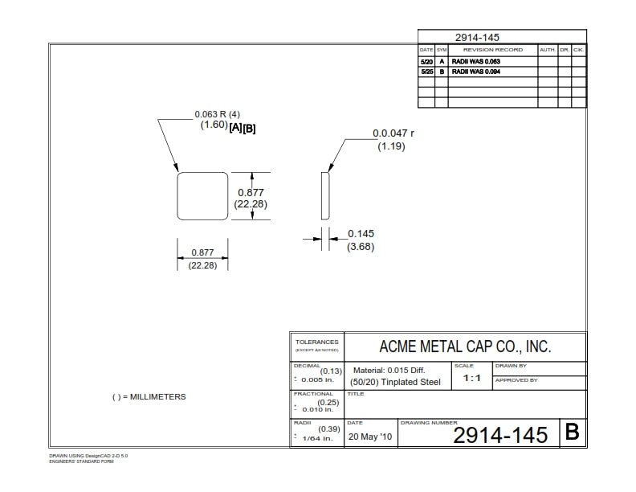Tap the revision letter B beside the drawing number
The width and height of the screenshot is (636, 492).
[572, 433]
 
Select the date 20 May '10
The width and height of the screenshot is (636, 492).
[370, 438]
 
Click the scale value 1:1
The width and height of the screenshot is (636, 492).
[471, 378]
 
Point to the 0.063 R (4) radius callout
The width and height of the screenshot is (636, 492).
[218, 114]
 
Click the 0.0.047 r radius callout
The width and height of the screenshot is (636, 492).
[393, 134]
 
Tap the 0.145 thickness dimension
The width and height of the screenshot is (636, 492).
[361, 234]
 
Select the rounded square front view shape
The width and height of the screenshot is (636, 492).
[202, 195]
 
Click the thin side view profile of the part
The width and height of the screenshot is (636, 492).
[324, 195]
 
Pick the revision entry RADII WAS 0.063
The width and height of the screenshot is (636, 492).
[475, 61]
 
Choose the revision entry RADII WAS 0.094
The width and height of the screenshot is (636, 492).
[475, 72]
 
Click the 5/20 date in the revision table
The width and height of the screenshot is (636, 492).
[426, 61]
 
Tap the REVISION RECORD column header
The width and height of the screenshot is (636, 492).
[492, 50]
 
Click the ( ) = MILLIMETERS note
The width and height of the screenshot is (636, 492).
[149, 397]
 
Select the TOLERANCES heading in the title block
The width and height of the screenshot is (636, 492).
[316, 342]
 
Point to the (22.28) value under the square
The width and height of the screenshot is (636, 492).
[202, 265]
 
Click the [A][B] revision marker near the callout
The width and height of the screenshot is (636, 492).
[243, 128]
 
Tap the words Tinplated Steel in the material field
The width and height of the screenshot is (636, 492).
[413, 382]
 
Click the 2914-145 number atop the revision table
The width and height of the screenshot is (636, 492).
[478, 37]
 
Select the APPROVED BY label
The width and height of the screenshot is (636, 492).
[516, 380]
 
